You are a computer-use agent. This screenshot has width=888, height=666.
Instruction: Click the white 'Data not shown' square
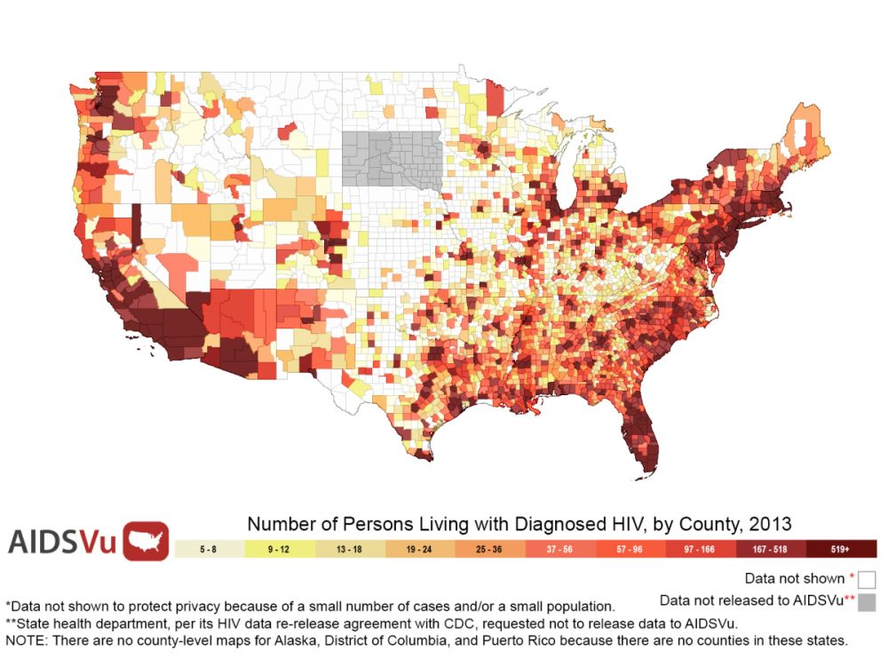pos(868,579)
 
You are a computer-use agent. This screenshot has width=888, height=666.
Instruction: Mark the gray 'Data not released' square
pos(868,603)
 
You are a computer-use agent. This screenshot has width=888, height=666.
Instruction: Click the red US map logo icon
pos(146,541)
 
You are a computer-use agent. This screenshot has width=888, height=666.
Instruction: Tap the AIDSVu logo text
pos(62,541)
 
